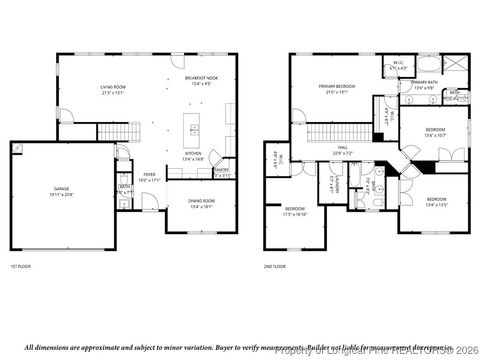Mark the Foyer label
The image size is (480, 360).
149,177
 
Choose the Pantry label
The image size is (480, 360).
221,171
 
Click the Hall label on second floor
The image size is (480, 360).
342,150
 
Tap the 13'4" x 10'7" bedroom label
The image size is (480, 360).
435,133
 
